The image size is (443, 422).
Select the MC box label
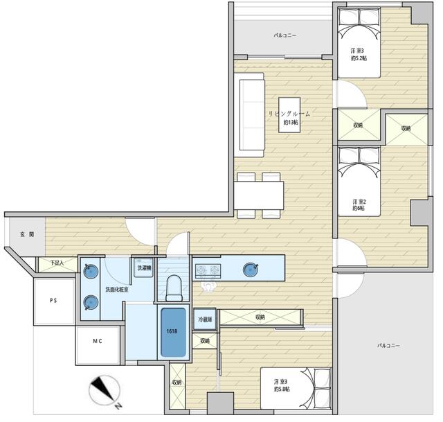tap(98, 341)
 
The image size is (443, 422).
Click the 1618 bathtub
tap(173, 332)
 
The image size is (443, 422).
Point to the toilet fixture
tap(173, 285)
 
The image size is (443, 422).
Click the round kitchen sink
tap(250, 269)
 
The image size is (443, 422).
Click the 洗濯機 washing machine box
tap(143, 268)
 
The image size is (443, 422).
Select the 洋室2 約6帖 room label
tap(358, 204)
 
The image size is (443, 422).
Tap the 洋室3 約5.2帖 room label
tap(358, 54)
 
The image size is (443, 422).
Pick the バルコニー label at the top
tap(285, 35)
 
